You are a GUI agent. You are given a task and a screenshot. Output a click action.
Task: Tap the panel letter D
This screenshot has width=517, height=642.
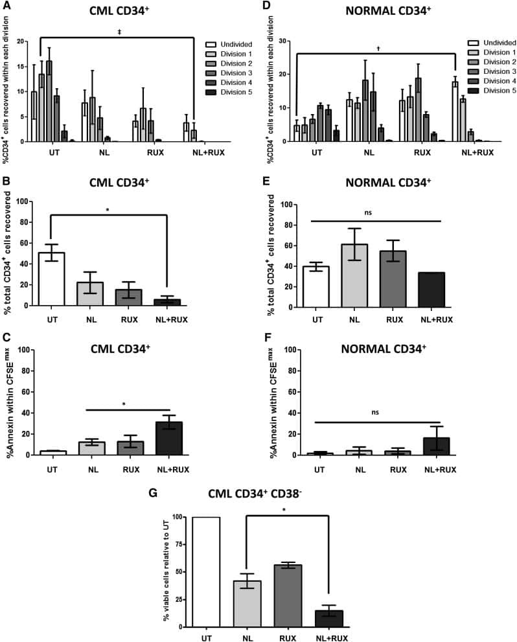266,8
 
